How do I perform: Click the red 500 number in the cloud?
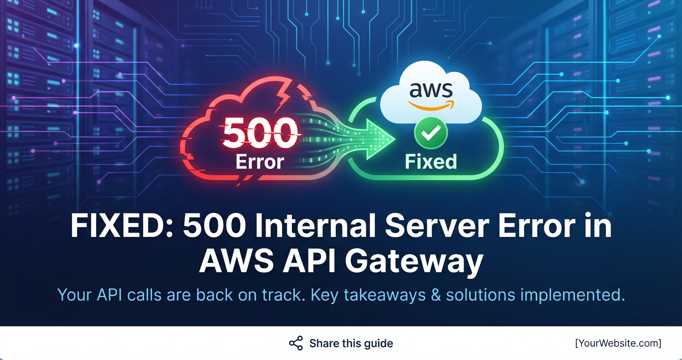[x=260, y=133]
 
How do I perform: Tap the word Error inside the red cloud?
[x=260, y=161]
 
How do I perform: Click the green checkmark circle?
[x=431, y=133]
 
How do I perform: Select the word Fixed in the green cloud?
[x=431, y=161]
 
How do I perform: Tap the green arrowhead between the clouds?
[x=381, y=137]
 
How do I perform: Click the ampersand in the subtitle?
[x=435, y=295]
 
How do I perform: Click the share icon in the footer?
[x=296, y=343]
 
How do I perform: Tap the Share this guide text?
[x=351, y=343]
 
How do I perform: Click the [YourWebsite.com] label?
[x=618, y=343]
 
